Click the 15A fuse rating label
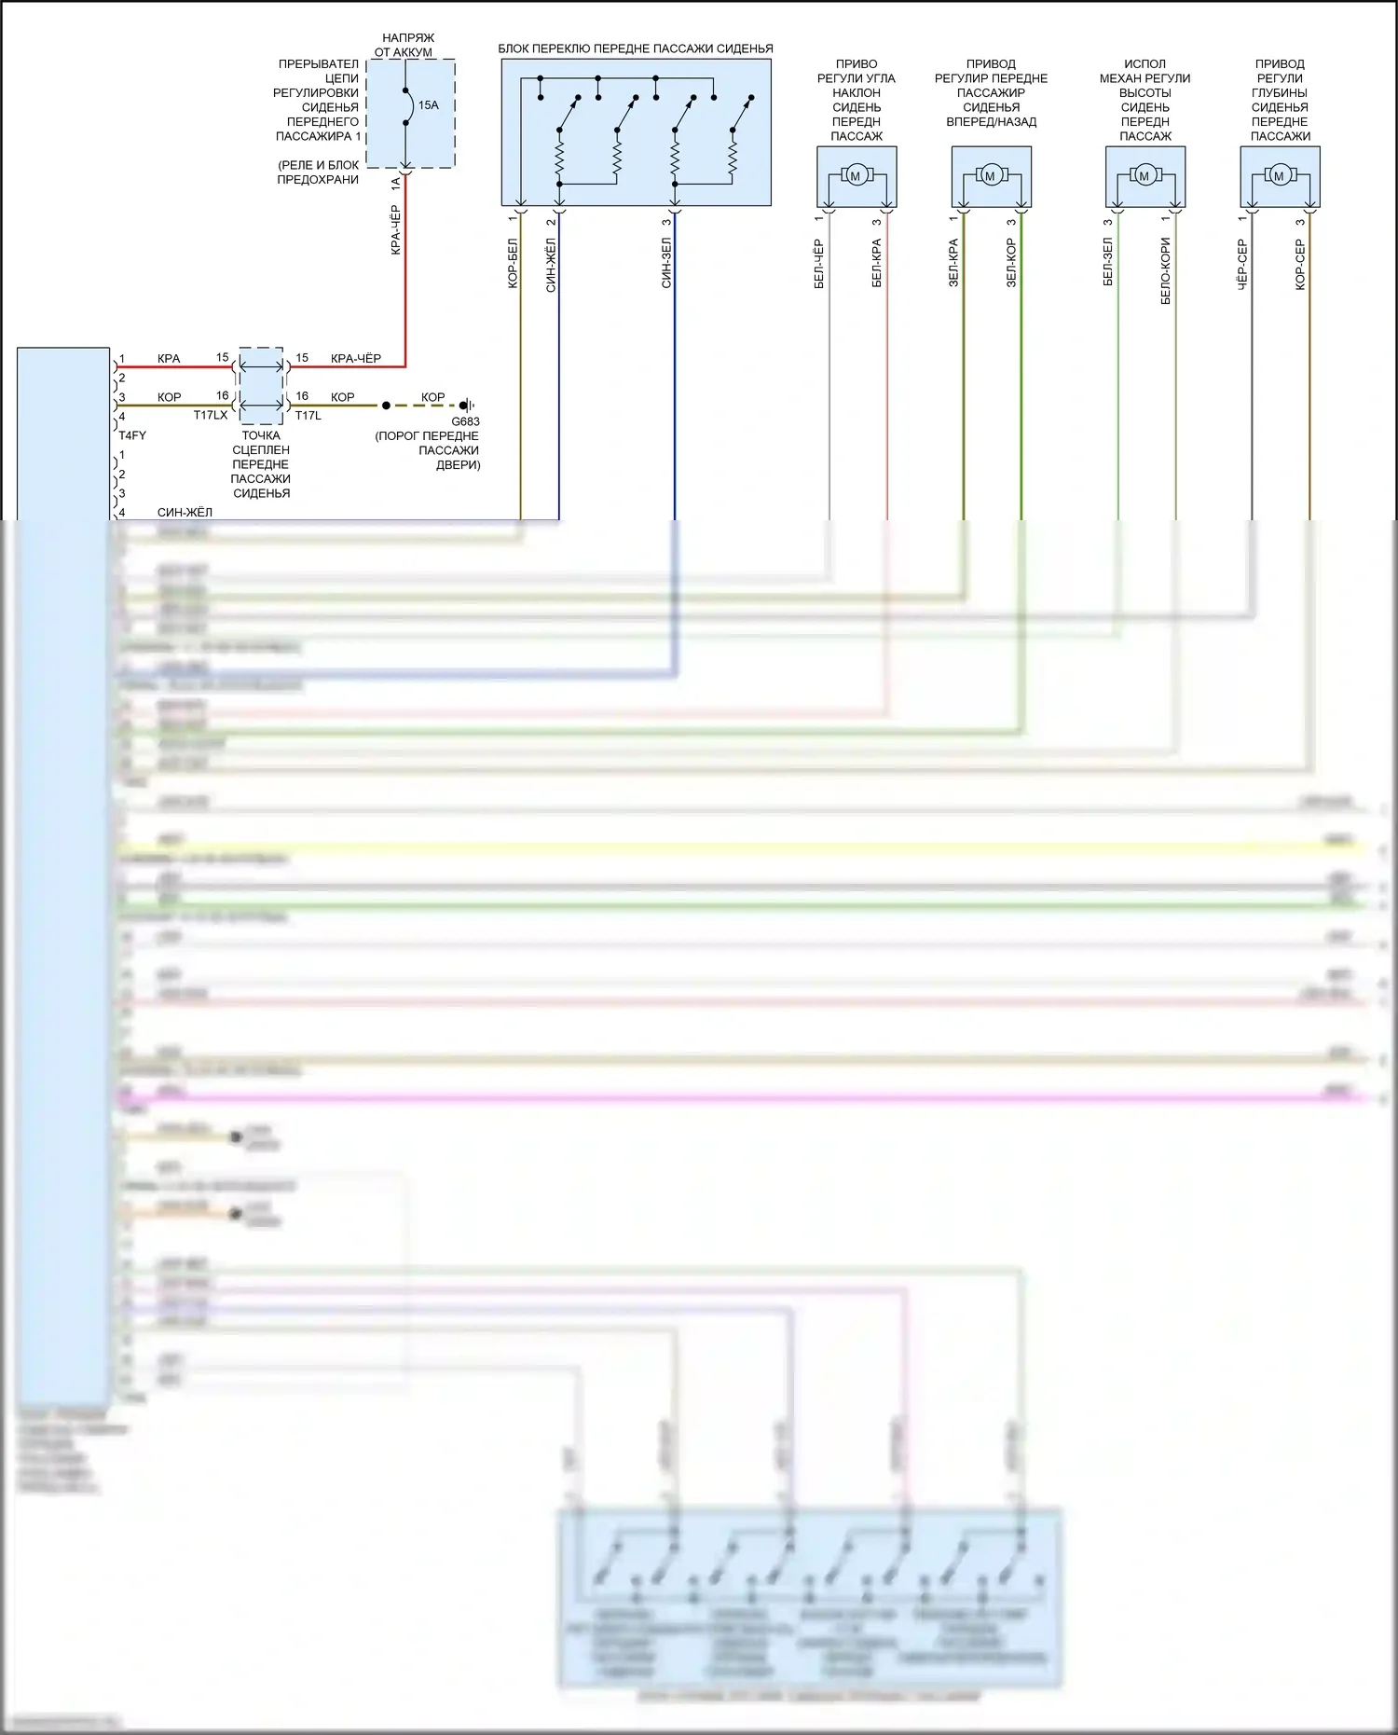point(428,105)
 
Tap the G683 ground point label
point(465,421)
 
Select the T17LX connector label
point(211,416)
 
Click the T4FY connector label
point(132,435)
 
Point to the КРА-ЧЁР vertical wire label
point(396,230)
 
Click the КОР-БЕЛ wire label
point(513,263)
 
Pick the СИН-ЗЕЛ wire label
point(666,263)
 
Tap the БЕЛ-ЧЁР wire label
point(819,264)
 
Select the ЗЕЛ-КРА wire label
point(953,263)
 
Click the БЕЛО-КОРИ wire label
point(1166,270)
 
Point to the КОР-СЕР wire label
point(1300,265)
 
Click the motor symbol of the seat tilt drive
point(856,175)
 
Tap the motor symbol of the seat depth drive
point(1279,175)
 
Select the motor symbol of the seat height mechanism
point(1144,175)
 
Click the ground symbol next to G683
point(467,406)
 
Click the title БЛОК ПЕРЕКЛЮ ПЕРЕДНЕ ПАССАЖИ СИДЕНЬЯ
point(636,48)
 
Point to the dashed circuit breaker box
point(410,114)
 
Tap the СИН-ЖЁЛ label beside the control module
point(185,512)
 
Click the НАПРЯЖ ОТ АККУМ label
point(406,45)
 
